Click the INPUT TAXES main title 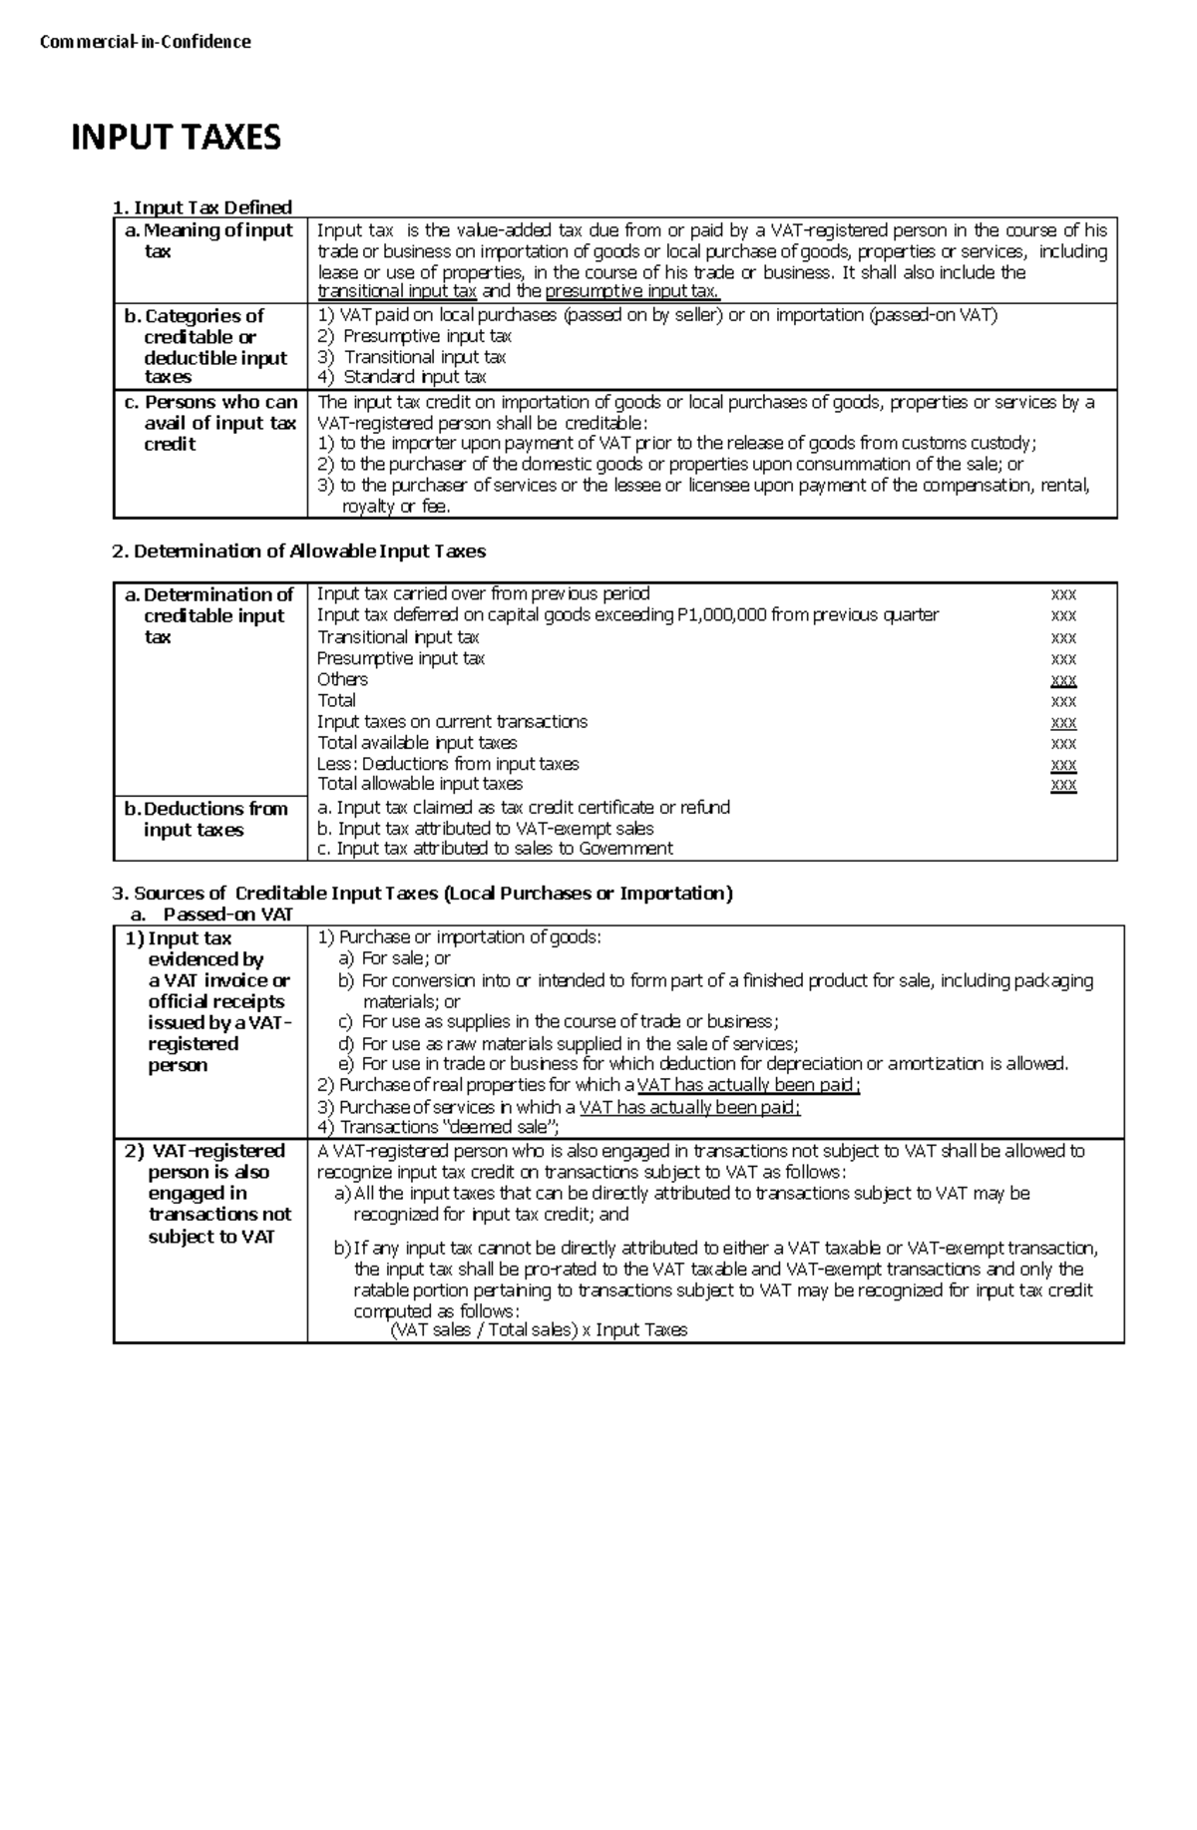point(176,137)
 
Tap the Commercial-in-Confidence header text point(145,42)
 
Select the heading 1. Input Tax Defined point(202,207)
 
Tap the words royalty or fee point(396,507)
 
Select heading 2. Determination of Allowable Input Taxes point(299,550)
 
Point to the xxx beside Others point(1063,680)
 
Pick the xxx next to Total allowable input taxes point(1063,785)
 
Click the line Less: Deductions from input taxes point(448,764)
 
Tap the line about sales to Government point(495,849)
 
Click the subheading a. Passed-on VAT point(211,914)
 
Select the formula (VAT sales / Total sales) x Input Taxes point(539,1330)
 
